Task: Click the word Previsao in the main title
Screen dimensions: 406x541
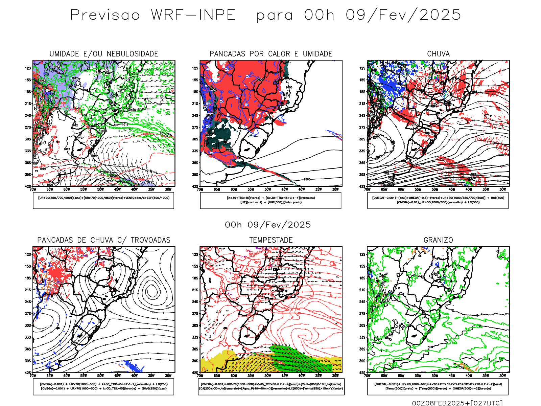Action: (x=105, y=15)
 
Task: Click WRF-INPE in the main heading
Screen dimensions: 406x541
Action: (x=193, y=15)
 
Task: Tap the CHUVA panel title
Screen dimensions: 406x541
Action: (x=438, y=54)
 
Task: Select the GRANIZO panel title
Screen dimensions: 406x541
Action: (x=438, y=240)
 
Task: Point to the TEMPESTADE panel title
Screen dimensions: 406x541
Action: (x=271, y=240)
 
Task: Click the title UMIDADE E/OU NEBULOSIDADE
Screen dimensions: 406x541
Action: (x=104, y=54)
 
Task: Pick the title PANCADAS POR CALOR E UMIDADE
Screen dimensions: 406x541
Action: (x=271, y=54)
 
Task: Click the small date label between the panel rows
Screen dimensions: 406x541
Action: (x=268, y=225)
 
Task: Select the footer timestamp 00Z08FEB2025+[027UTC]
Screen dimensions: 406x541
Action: (x=457, y=403)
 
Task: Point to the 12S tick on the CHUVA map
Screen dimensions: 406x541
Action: (x=362, y=68)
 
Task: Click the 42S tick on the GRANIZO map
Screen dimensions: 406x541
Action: (x=362, y=373)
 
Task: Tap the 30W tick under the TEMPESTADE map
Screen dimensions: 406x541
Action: (x=335, y=376)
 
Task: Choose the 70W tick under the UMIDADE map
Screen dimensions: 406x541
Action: (x=33, y=189)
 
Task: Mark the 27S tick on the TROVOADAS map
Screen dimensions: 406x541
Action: (x=28, y=314)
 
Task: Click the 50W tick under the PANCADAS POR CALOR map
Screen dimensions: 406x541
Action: (x=267, y=189)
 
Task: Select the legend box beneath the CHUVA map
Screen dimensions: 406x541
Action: (x=438, y=200)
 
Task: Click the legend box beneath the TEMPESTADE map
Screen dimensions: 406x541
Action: (x=270, y=386)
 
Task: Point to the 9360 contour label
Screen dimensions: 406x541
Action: (x=307, y=179)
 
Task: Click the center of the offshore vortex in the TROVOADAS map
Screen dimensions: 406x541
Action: (x=151, y=290)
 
